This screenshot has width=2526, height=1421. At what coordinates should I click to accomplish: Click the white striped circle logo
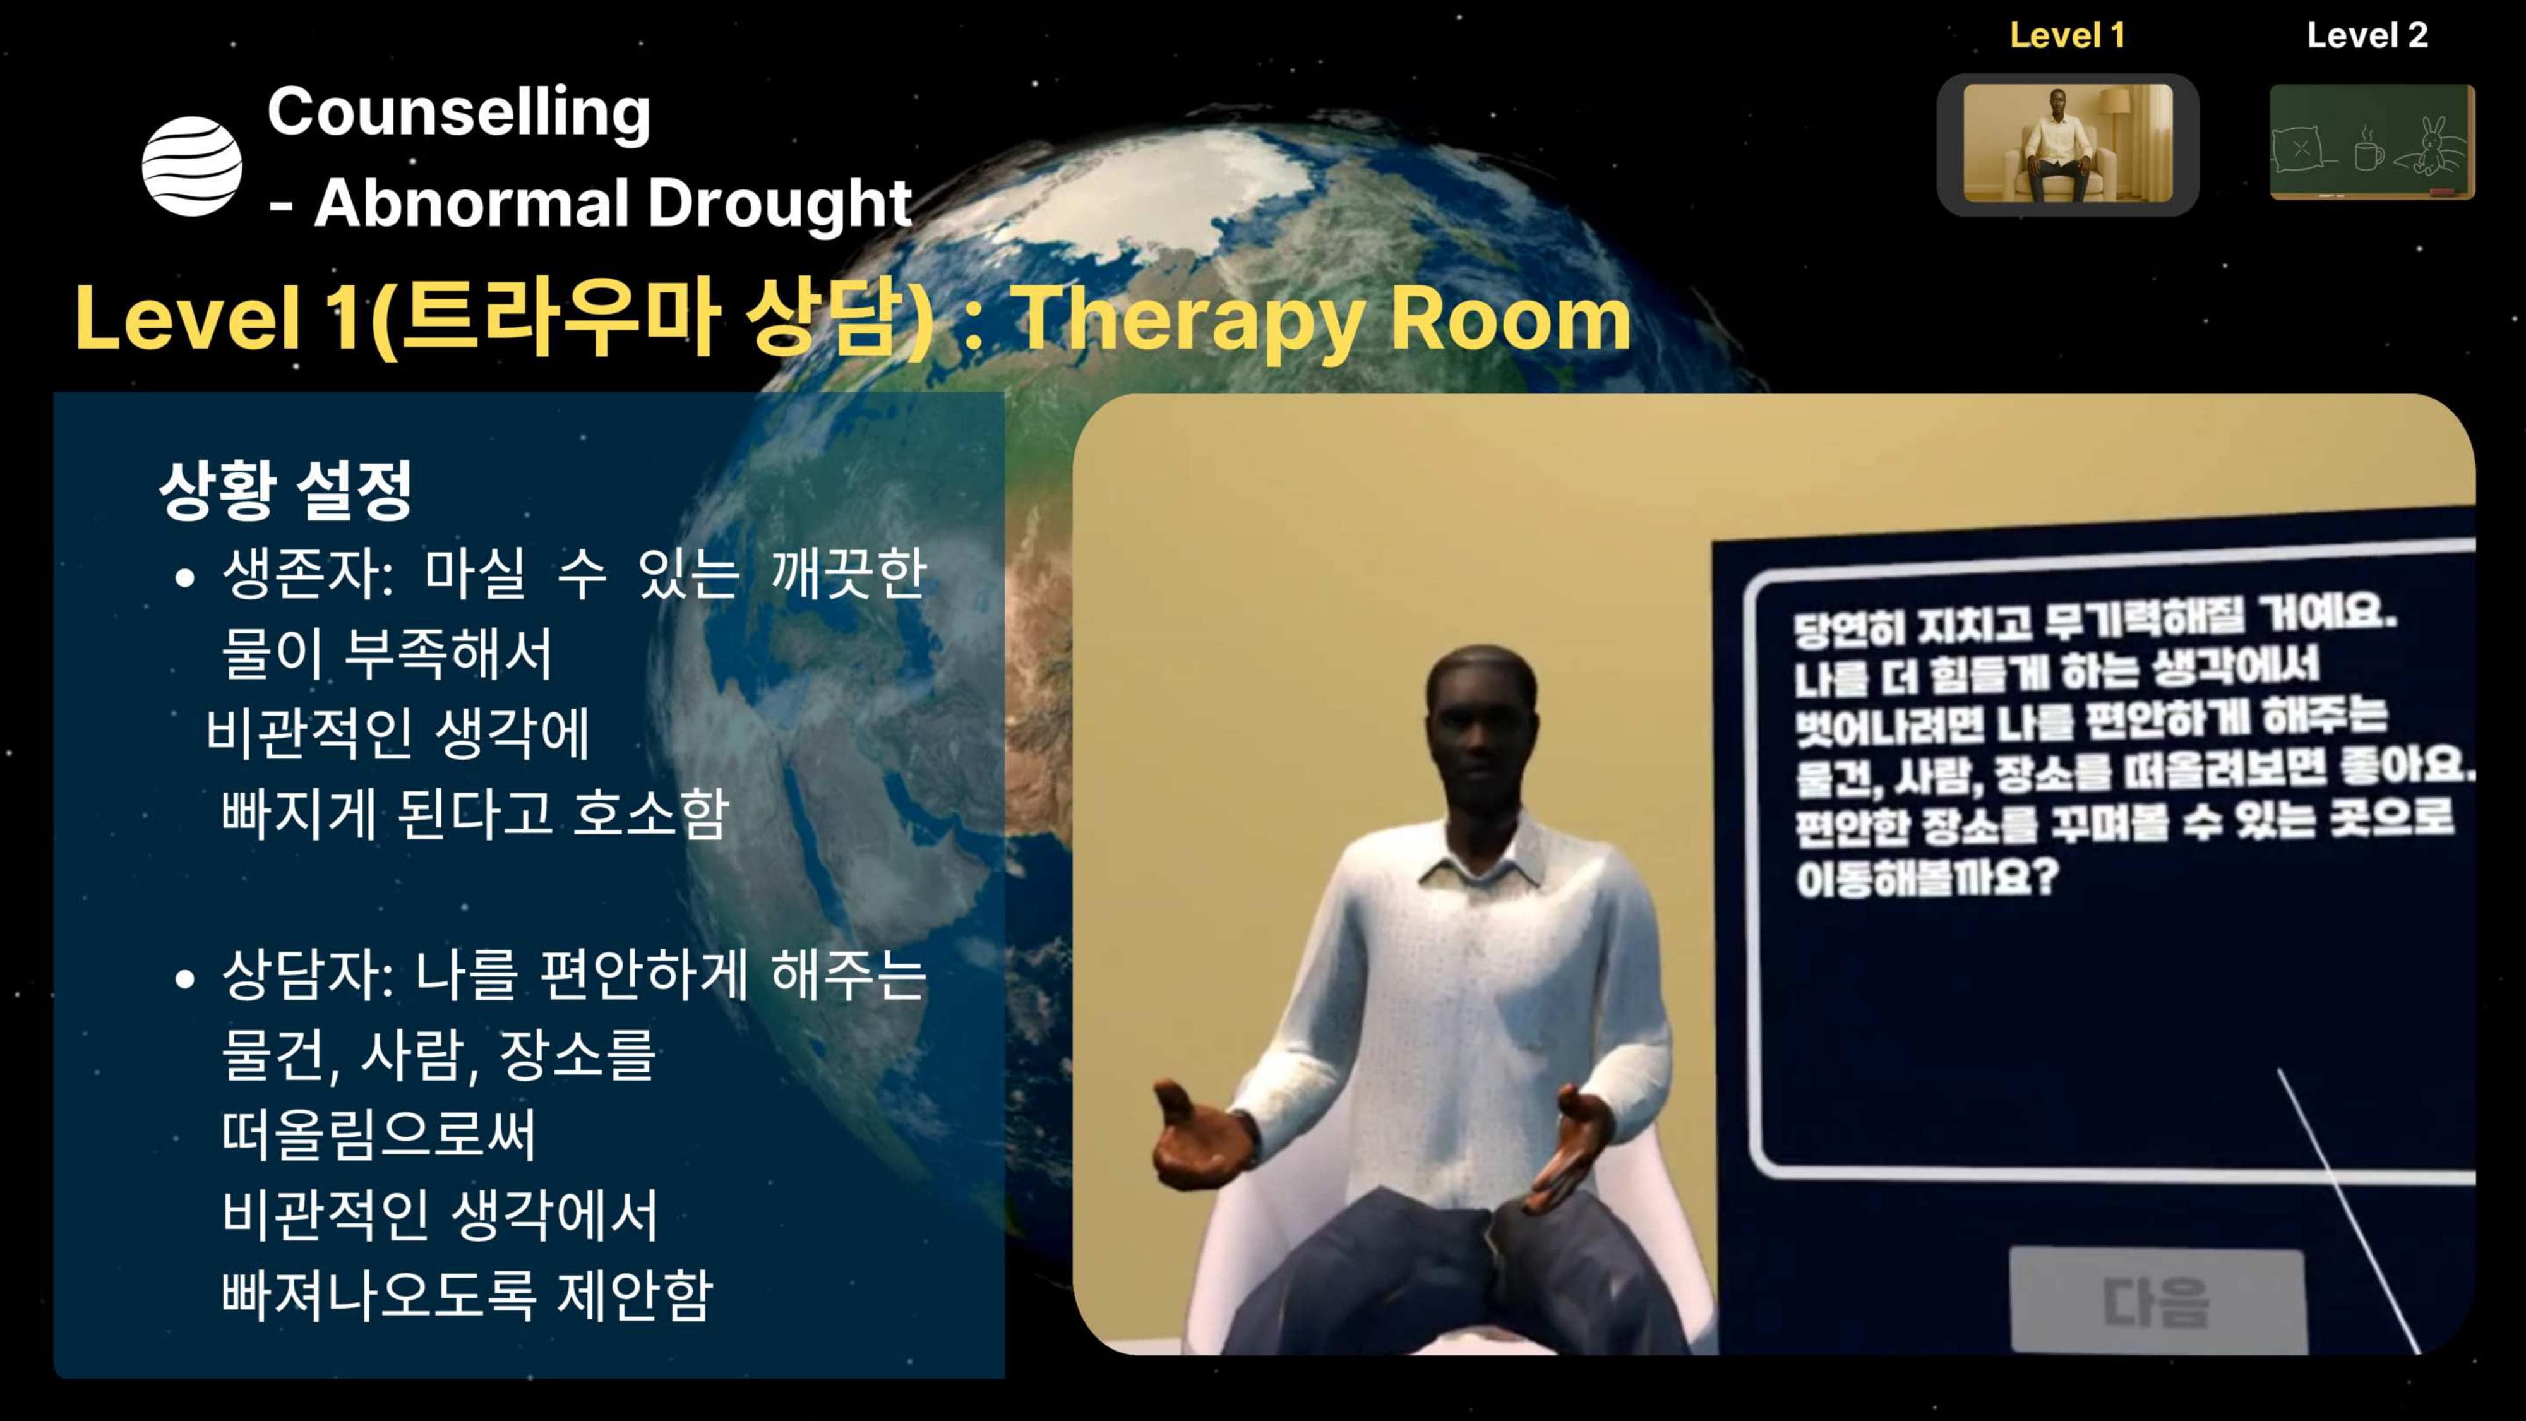pyautogui.click(x=192, y=165)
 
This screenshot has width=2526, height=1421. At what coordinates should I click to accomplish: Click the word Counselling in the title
pyautogui.click(x=459, y=112)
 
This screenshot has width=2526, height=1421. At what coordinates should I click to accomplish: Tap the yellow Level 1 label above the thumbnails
pyautogui.click(x=2066, y=36)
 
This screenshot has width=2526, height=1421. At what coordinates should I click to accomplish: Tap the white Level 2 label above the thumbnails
pyautogui.click(x=2366, y=36)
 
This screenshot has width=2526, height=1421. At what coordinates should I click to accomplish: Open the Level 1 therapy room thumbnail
pyautogui.click(x=2067, y=143)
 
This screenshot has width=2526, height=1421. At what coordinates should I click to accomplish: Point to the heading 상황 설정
pyautogui.click(x=285, y=489)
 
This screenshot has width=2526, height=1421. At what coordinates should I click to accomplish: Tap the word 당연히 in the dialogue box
pyautogui.click(x=1848, y=628)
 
